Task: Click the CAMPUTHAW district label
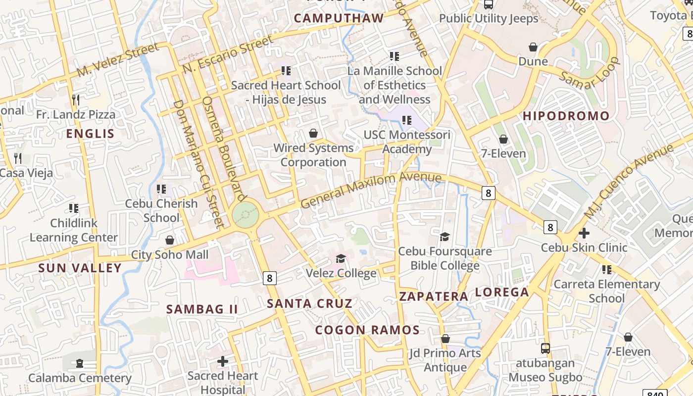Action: [339, 18]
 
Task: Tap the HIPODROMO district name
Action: [566, 116]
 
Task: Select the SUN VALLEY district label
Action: [80, 268]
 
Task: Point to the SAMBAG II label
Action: [202, 309]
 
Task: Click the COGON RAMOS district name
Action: [367, 330]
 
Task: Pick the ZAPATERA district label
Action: [434, 297]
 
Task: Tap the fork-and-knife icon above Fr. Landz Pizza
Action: [75, 100]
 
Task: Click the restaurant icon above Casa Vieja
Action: [18, 158]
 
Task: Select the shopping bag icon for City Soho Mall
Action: [170, 240]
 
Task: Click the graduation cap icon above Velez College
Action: [341, 258]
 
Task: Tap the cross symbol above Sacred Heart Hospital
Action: [223, 361]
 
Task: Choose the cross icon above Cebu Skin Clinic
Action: [584, 233]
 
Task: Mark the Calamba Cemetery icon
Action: [80, 363]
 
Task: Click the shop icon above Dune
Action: [533, 47]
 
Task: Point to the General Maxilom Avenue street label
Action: [371, 190]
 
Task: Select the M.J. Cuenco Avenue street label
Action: [629, 181]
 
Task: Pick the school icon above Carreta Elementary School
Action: [606, 270]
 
